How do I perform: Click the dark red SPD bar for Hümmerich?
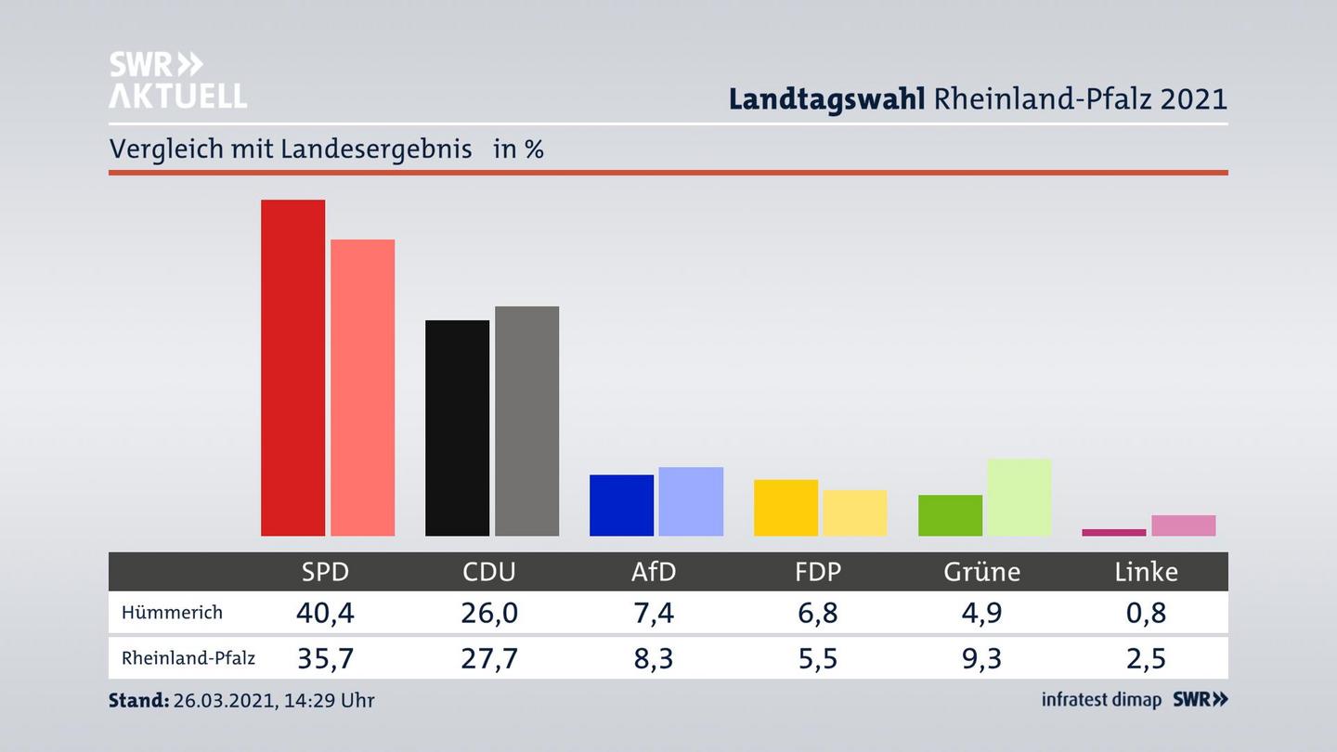pos(292,368)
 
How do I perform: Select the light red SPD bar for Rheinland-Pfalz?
pos(362,387)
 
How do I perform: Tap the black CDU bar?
pos(457,428)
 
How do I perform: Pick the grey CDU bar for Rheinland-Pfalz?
pos(526,421)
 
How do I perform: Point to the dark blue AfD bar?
pos(621,505)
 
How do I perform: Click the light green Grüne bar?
pos(1019,497)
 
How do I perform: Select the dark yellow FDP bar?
pos(785,508)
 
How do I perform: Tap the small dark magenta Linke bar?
pos(1113,532)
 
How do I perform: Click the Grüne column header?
pos(981,572)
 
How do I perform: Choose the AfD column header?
pos(654,572)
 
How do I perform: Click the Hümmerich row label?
pos(172,613)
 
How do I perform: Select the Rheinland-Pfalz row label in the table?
pos(188,658)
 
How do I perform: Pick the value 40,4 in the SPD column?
pos(325,613)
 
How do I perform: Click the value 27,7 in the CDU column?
pos(489,658)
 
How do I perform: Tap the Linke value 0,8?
pos(1146,613)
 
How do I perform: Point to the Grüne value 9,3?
pos(981,658)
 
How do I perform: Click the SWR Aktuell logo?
pos(177,80)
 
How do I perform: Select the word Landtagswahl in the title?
pos(826,98)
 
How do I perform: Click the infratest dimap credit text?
pos(1101,700)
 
